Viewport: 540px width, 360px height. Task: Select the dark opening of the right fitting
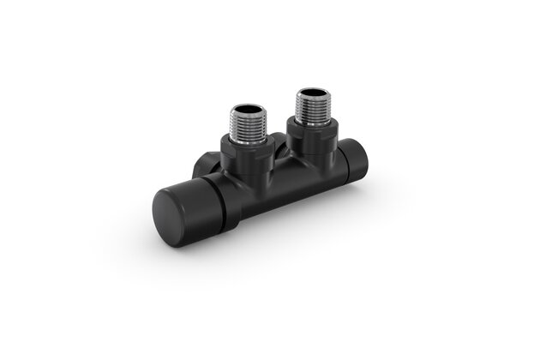pos(311,90)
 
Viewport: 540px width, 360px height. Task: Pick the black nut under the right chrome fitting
pos(312,135)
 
